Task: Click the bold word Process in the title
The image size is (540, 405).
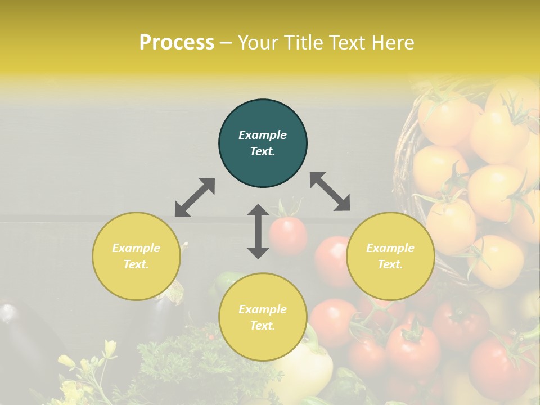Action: click(177, 43)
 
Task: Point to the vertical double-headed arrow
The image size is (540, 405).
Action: click(258, 231)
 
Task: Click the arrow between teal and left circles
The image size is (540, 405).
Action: click(195, 197)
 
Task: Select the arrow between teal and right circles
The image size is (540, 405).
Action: click(330, 191)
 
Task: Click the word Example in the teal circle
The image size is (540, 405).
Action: click(263, 135)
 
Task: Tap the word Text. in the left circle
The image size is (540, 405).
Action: click(136, 264)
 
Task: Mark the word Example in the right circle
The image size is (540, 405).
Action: click(390, 248)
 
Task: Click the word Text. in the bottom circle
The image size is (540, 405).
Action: click(263, 326)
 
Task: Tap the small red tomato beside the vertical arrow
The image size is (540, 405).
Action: click(287, 235)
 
